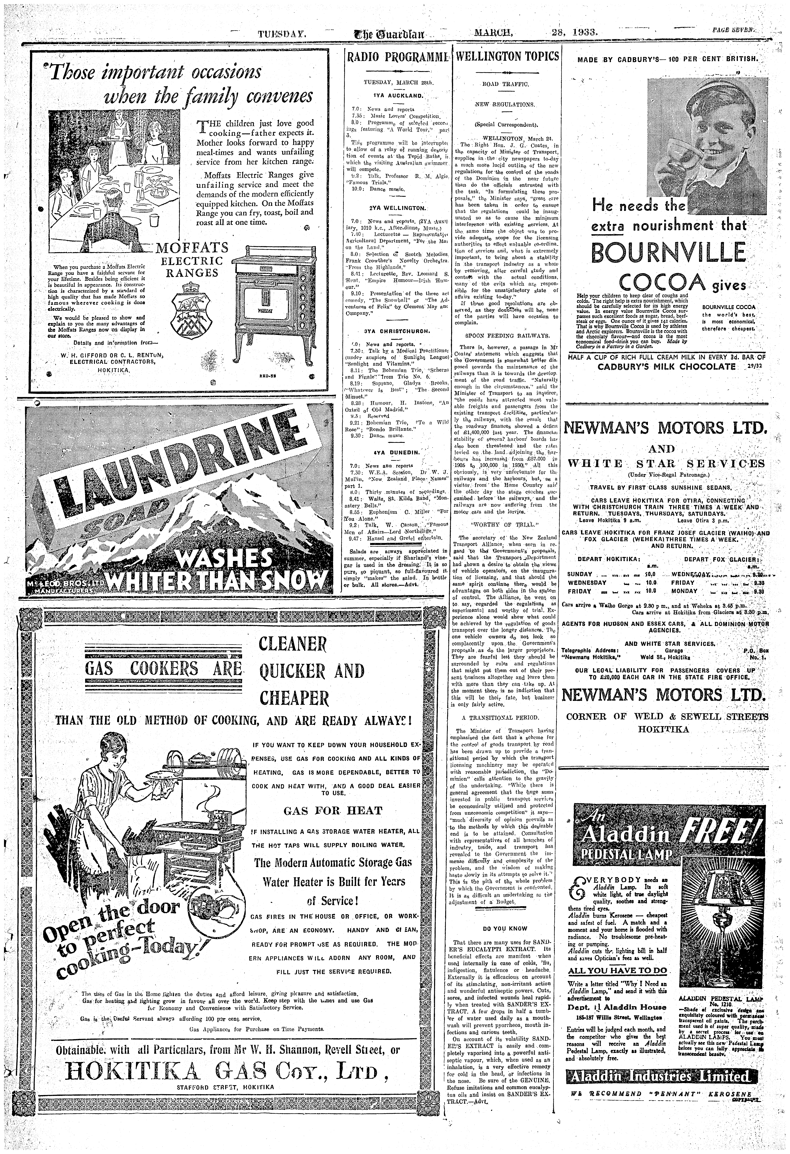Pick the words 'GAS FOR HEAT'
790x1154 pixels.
[333, 811]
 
